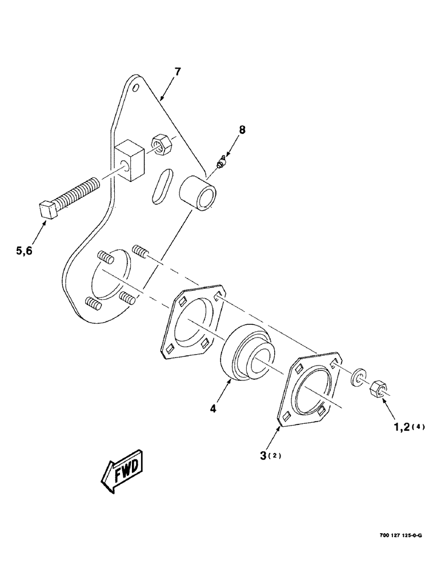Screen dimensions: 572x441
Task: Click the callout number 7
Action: coord(178,72)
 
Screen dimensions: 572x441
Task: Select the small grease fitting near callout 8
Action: coord(220,165)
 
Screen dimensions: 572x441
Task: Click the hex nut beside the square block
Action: coord(161,145)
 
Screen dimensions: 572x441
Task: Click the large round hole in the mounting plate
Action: coord(111,279)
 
